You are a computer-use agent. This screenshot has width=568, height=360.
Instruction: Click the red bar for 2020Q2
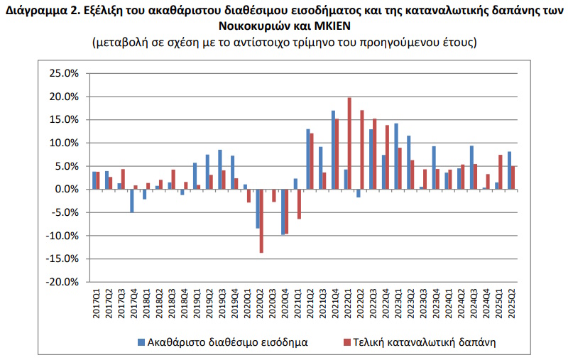click(261, 221)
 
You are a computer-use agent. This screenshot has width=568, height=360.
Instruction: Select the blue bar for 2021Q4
click(333, 150)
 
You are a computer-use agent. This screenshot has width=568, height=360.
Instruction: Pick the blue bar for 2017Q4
click(131, 200)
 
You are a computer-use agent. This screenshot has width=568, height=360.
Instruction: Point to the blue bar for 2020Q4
click(283, 212)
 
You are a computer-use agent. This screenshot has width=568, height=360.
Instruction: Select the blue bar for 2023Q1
click(396, 156)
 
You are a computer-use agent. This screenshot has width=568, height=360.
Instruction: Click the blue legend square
click(141, 342)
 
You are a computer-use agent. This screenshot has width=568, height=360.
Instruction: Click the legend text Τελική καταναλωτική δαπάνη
click(419, 342)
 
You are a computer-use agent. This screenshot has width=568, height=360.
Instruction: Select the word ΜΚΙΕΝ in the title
click(332, 26)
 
